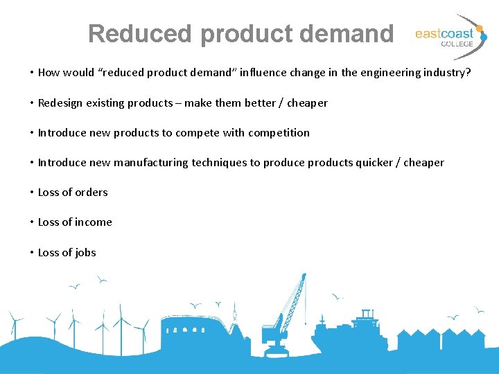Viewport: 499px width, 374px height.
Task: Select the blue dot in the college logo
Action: coord(484,38)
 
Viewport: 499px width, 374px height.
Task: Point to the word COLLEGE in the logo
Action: coord(457,44)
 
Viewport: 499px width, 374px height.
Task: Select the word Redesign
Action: coord(60,103)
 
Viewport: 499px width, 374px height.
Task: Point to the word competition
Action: coord(279,132)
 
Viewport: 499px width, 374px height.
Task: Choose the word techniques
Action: coord(219,162)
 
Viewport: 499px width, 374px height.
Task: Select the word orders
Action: coord(91,192)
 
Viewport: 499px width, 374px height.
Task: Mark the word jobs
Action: coord(86,252)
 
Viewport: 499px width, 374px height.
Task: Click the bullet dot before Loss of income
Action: coord(32,222)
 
